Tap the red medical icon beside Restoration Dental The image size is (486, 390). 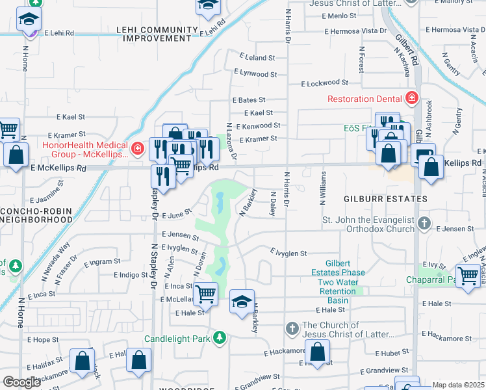coord(411,99)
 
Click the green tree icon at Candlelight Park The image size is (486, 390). coord(221,337)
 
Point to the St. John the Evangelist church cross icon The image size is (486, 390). coord(424,224)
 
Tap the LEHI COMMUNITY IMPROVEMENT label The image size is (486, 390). coord(157,34)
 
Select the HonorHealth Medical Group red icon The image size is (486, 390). coord(137,149)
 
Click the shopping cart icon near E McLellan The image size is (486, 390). coord(206,294)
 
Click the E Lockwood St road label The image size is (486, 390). coord(324,83)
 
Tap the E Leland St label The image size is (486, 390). coord(258,58)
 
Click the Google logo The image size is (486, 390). coord(21,382)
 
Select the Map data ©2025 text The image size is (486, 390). coord(457,385)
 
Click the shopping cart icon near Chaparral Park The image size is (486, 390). coord(468,276)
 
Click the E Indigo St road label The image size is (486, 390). coord(130,275)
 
